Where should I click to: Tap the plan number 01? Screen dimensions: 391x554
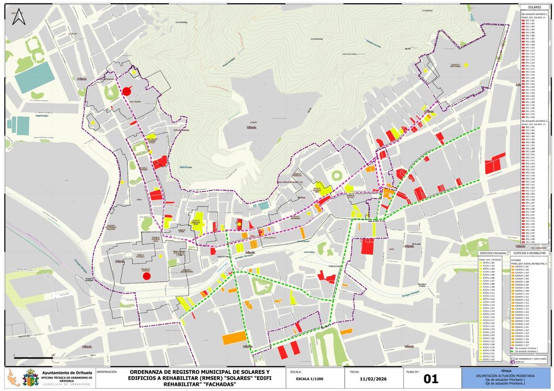coord(430,379)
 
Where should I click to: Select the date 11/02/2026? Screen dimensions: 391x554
coord(374,379)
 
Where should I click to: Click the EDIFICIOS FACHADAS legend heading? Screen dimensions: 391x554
coord(493,253)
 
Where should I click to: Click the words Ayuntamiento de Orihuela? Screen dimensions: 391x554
coord(67,373)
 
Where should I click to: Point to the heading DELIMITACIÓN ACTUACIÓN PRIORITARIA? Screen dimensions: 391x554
coord(506,376)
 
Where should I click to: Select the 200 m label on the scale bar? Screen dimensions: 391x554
coord(92,355)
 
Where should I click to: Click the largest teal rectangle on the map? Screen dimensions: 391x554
coord(34,77)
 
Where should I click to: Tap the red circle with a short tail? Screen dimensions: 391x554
coord(126,91)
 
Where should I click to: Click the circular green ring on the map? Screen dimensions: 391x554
coord(337,175)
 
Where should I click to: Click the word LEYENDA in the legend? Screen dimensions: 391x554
coord(515,260)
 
